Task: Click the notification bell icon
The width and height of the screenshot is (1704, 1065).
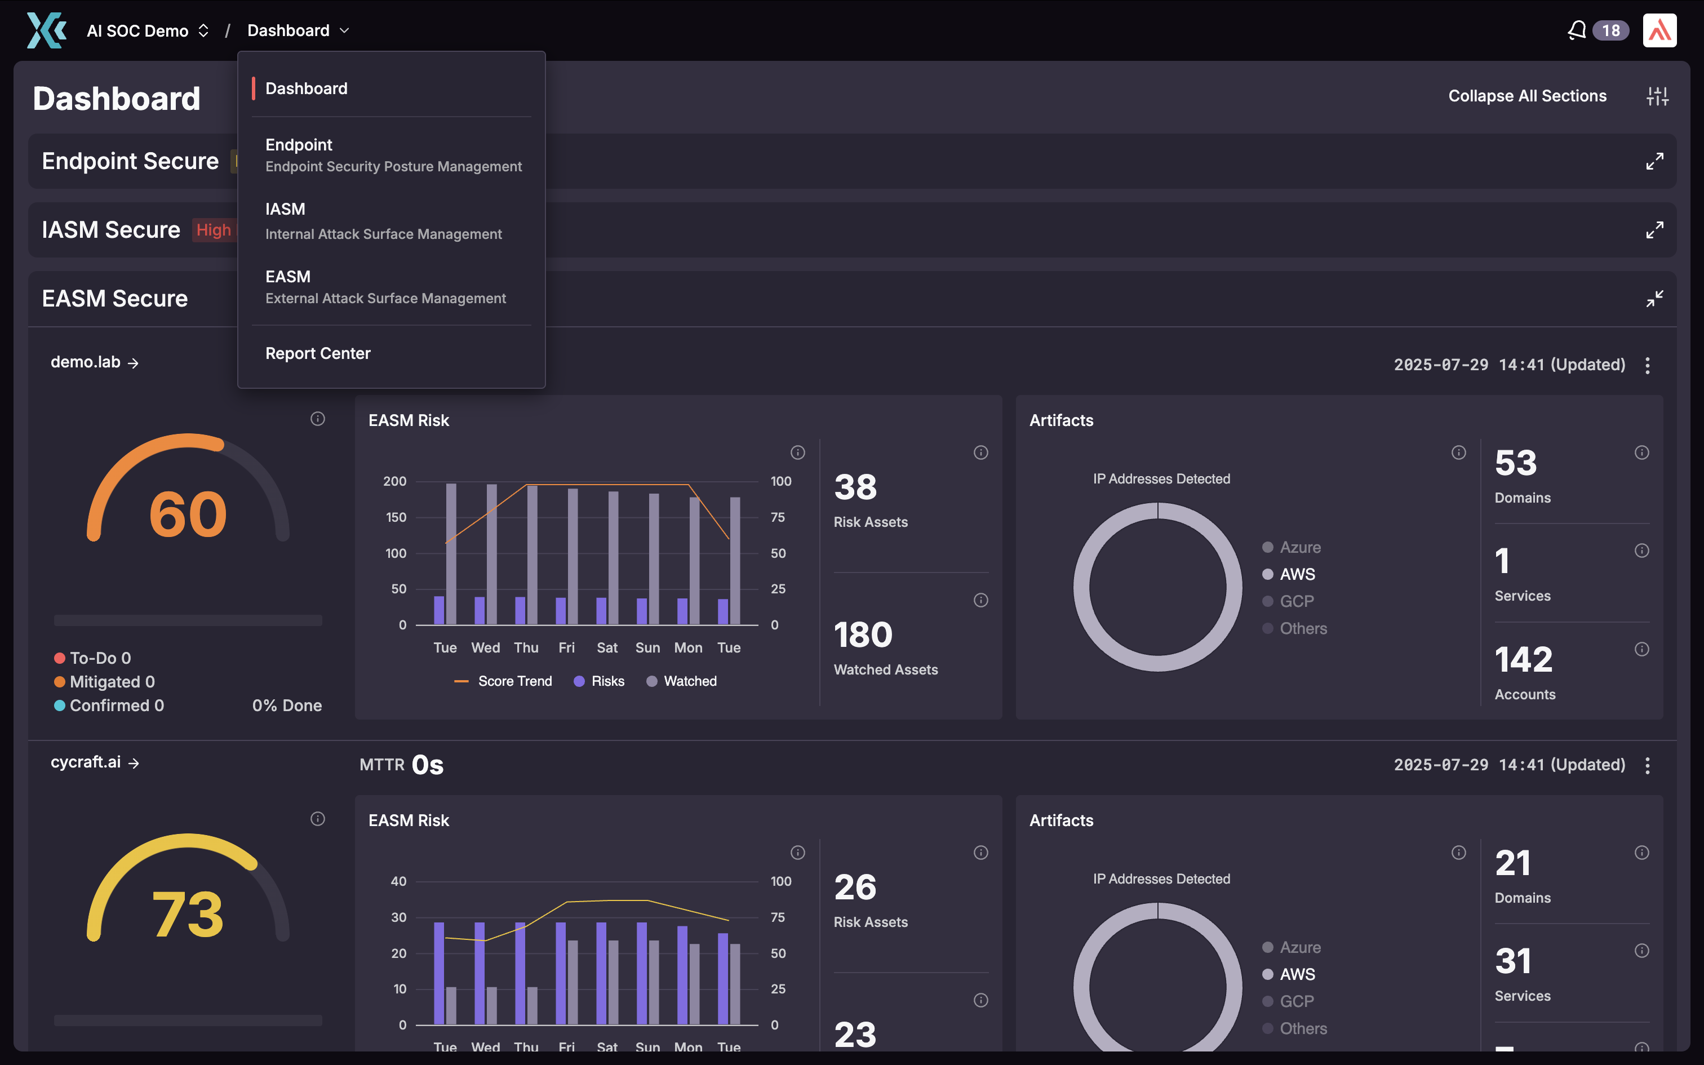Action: [x=1577, y=30]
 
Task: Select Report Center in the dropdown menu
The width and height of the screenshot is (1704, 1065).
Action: [x=318, y=354]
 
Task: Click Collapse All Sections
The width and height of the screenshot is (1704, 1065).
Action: [x=1526, y=96]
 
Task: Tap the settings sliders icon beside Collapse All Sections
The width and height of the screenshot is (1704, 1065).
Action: [x=1657, y=96]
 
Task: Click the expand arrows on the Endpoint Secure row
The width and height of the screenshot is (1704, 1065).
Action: [x=1654, y=161]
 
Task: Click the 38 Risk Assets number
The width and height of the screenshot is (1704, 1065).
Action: [x=855, y=487]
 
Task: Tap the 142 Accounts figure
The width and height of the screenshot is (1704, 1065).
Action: [x=1523, y=660]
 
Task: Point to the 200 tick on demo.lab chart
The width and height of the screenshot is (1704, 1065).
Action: [x=394, y=481]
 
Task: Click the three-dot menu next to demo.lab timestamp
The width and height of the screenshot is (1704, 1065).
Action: [x=1647, y=365]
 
